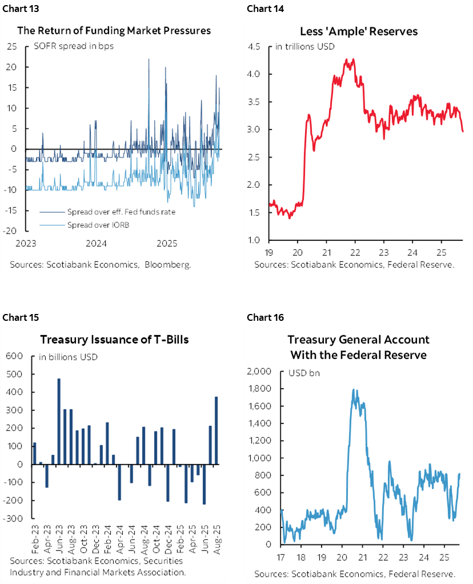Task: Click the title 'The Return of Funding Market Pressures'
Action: (114, 31)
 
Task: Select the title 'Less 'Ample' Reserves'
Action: (359, 31)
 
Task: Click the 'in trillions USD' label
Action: (305, 46)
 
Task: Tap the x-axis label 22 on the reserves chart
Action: (355, 252)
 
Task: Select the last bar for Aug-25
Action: (216, 430)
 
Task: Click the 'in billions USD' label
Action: (68, 357)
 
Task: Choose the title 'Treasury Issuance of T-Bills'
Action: (114, 340)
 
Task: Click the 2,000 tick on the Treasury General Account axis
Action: (260, 372)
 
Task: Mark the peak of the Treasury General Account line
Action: (353, 390)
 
